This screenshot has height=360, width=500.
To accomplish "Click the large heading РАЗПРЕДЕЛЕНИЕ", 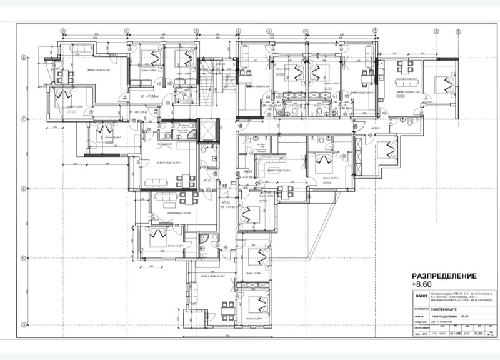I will tap(444, 276).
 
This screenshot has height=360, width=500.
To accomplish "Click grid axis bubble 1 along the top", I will tap(62, 30).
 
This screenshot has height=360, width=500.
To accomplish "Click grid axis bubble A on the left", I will tap(23, 324).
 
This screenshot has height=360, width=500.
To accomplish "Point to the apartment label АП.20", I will tap(376, 127).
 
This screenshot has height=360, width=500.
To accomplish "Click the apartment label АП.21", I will tap(247, 171).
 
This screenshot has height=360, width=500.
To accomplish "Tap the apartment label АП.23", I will tap(209, 180).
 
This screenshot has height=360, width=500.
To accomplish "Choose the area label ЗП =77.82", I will tap(227, 209).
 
